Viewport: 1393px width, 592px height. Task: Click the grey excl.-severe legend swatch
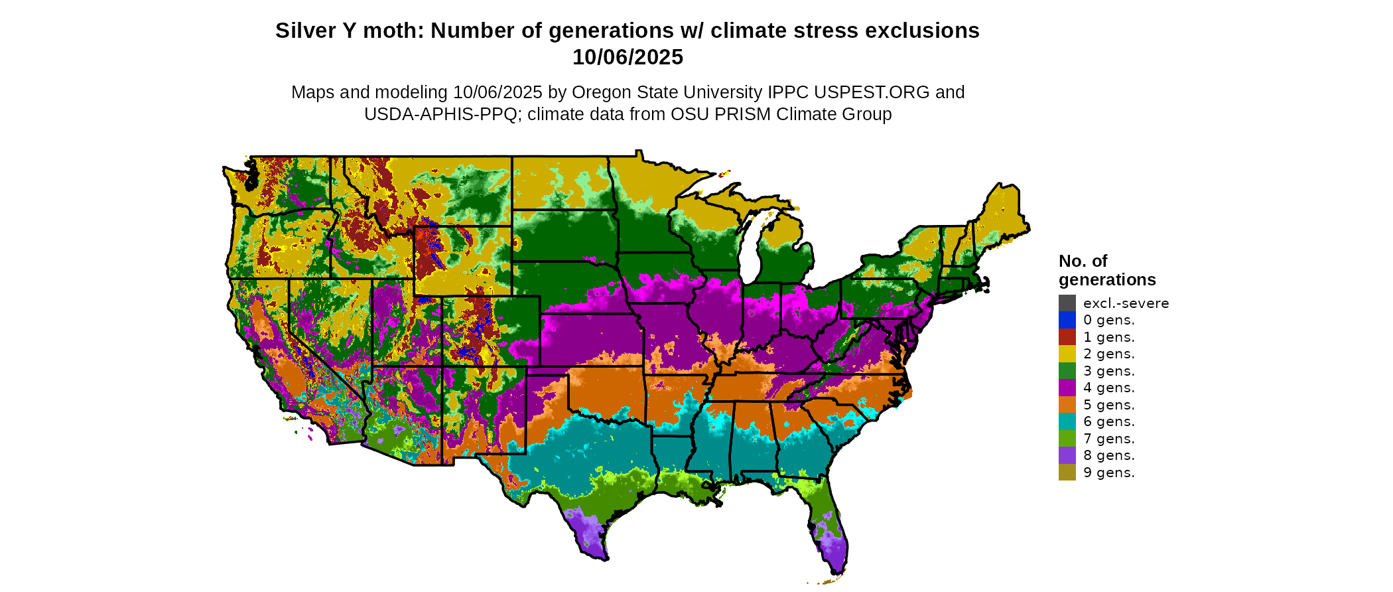click(1067, 303)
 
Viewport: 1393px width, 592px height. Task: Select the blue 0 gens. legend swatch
click(1067, 320)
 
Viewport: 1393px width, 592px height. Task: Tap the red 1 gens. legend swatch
click(1067, 337)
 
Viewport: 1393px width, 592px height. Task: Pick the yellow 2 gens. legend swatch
click(1067, 354)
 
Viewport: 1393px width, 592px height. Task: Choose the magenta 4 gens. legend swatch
click(1067, 388)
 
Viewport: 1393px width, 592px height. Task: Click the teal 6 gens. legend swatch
click(1067, 421)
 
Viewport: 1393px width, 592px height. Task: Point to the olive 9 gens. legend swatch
click(1067, 473)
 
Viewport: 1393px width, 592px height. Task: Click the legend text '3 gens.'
click(1109, 371)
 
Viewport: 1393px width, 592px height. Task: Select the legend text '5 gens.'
click(1109, 405)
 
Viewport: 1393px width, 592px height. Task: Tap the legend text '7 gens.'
click(1109, 439)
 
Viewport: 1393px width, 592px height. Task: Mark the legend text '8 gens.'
click(1109, 455)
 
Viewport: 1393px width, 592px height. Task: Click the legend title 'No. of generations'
click(1106, 270)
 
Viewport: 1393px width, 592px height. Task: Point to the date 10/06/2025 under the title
click(628, 58)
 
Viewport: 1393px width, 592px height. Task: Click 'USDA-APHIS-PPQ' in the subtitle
click(440, 114)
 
